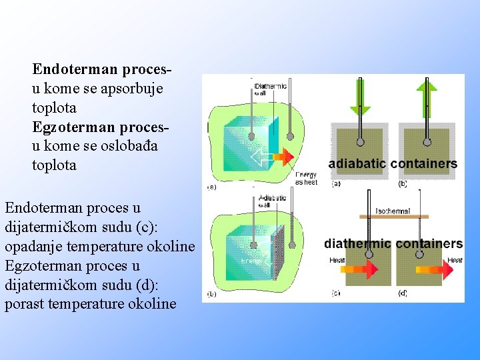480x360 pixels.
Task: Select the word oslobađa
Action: coord(129,146)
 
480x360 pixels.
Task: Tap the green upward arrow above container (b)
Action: coord(427,94)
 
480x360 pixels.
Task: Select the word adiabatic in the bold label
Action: coord(357,164)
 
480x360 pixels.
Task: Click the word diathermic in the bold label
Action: coord(357,244)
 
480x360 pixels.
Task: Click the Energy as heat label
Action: coord(306,178)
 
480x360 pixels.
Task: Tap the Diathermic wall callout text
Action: coord(271,89)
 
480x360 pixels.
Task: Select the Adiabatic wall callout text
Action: coord(272,201)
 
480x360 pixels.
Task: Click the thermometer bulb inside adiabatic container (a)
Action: coord(360,142)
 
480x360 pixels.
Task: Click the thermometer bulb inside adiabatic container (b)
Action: coord(427,142)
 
